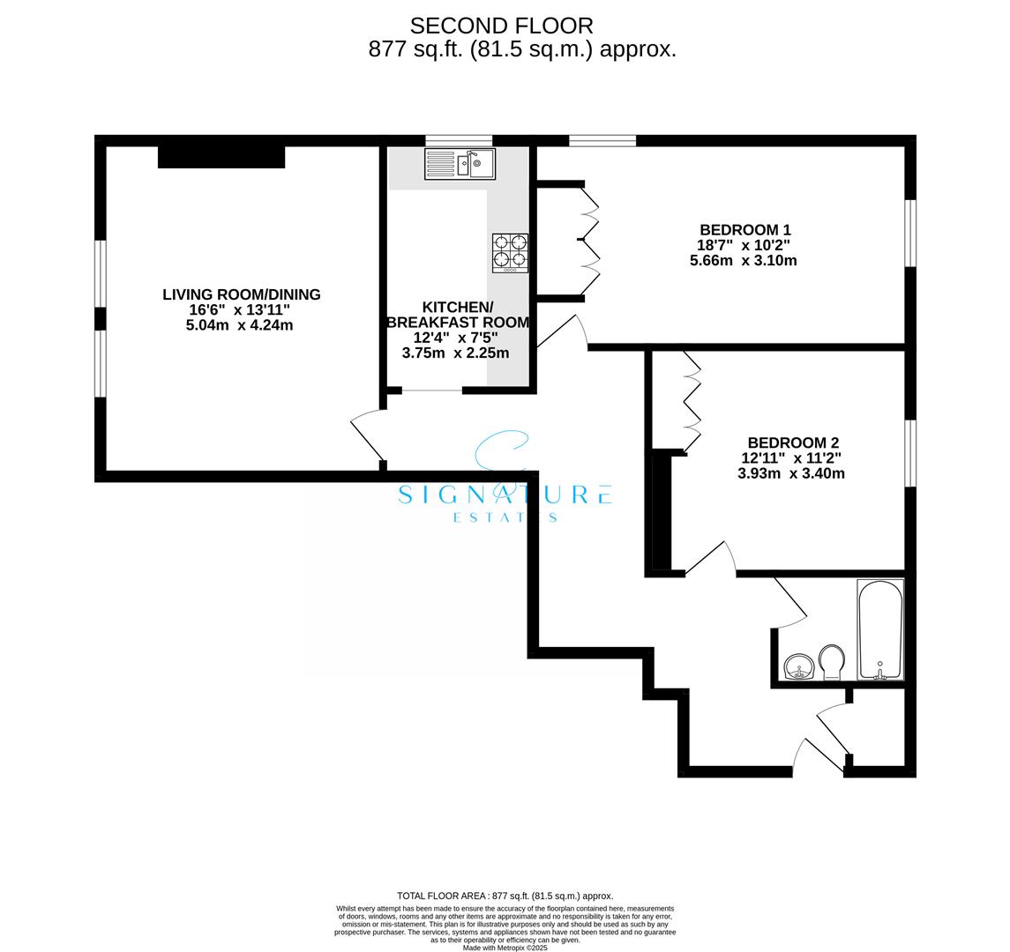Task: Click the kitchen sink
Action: point(460,164)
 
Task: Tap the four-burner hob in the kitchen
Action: point(510,252)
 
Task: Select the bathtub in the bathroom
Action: point(880,629)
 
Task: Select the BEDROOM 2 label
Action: point(792,443)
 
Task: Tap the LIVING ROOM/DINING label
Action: point(241,294)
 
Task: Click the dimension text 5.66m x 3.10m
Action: point(743,261)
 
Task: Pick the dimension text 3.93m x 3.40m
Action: point(791,473)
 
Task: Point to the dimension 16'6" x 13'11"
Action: point(239,310)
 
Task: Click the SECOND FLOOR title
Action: point(502,26)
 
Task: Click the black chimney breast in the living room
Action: point(221,157)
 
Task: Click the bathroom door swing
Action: point(789,603)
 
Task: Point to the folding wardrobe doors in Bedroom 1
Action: point(589,238)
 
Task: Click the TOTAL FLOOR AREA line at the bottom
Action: point(505,896)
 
